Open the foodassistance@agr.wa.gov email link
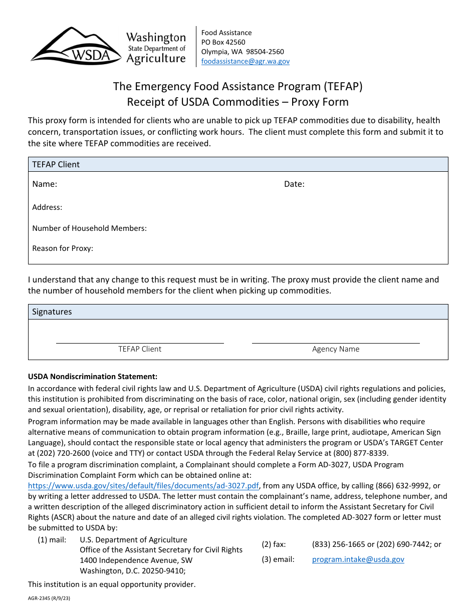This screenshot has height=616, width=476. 245,61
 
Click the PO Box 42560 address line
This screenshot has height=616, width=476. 223,42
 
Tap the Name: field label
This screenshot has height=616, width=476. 45,184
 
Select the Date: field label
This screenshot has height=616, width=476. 294,184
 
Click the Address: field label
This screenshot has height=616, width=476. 47,207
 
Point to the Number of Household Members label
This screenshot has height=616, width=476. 89,228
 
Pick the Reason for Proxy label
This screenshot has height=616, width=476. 63,248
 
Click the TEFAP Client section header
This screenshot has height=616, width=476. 56,164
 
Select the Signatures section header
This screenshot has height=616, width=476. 52,312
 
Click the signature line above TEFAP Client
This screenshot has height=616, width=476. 140,343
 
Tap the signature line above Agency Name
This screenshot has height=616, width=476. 336,343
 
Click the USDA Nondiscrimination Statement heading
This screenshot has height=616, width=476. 93,377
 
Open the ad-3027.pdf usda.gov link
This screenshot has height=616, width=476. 143,485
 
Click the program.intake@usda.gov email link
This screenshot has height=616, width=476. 358,559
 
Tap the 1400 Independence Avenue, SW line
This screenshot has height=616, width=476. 136,560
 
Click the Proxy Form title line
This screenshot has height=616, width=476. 237,102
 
